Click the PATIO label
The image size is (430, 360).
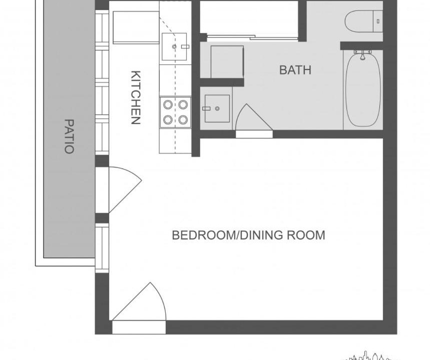pos(69,136)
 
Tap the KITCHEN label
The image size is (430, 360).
pos(136,97)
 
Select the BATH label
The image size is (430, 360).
pos(295,70)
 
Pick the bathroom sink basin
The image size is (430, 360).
pos(217,108)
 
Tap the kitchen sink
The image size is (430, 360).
pos(174,46)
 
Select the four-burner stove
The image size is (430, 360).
pos(176,112)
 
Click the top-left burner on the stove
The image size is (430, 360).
pos(168,104)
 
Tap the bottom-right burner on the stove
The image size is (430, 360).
pos(183,119)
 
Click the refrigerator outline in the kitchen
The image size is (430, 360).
pos(136,27)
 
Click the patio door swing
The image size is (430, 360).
pos(125,189)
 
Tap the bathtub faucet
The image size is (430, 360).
pos(362,54)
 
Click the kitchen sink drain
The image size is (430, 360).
pos(174,46)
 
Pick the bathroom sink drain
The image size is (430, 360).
pos(217,109)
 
